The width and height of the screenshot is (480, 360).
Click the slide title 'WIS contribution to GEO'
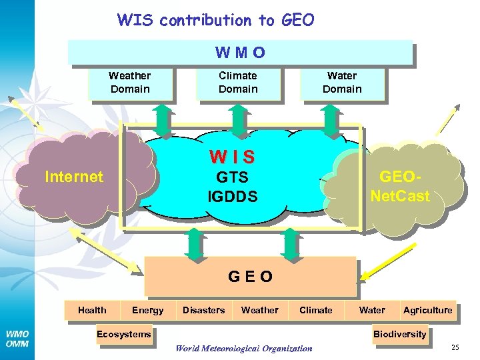point(215,20)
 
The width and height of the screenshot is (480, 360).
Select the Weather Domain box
point(129,83)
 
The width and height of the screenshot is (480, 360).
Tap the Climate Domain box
point(238,83)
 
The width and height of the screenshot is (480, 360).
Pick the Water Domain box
point(342,83)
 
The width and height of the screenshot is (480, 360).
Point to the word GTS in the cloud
point(232,177)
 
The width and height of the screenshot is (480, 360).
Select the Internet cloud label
point(73,177)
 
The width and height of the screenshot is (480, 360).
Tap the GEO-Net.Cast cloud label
point(400,187)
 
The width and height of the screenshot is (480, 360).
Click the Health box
point(92,310)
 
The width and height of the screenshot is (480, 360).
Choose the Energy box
point(147,310)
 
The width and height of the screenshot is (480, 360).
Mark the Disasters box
point(203,310)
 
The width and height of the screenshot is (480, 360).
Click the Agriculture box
point(427,310)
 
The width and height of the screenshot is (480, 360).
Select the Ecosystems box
point(123,334)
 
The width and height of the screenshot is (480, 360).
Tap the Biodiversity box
point(399,334)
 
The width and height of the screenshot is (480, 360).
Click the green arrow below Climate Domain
point(239,118)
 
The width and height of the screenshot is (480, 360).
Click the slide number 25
point(455,347)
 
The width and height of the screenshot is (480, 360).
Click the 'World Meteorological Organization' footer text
point(243,348)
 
